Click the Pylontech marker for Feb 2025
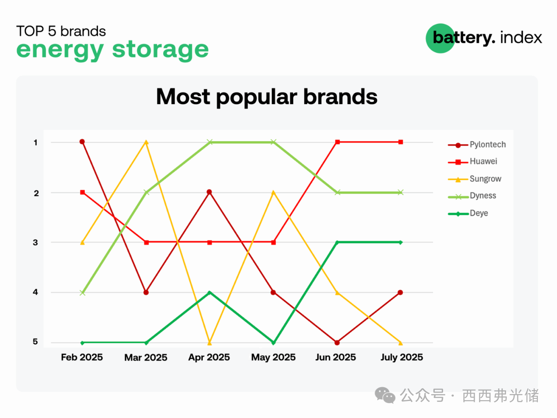[82, 142]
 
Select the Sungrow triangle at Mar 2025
[146, 142]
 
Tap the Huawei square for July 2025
[401, 142]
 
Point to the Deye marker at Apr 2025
[209, 292]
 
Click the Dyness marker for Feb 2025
[82, 293]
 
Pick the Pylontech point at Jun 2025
[337, 343]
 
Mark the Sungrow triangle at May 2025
[273, 192]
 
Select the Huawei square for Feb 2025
[83, 192]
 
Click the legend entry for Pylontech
[477, 145]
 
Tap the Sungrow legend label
[486, 179]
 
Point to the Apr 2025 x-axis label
[209, 357]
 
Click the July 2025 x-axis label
[402, 357]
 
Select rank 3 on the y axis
[35, 243]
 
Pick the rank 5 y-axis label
[35, 342]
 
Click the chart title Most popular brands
[267, 97]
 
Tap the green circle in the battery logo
[440, 38]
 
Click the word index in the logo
[521, 37]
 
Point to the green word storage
[161, 50]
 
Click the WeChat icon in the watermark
[385, 395]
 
